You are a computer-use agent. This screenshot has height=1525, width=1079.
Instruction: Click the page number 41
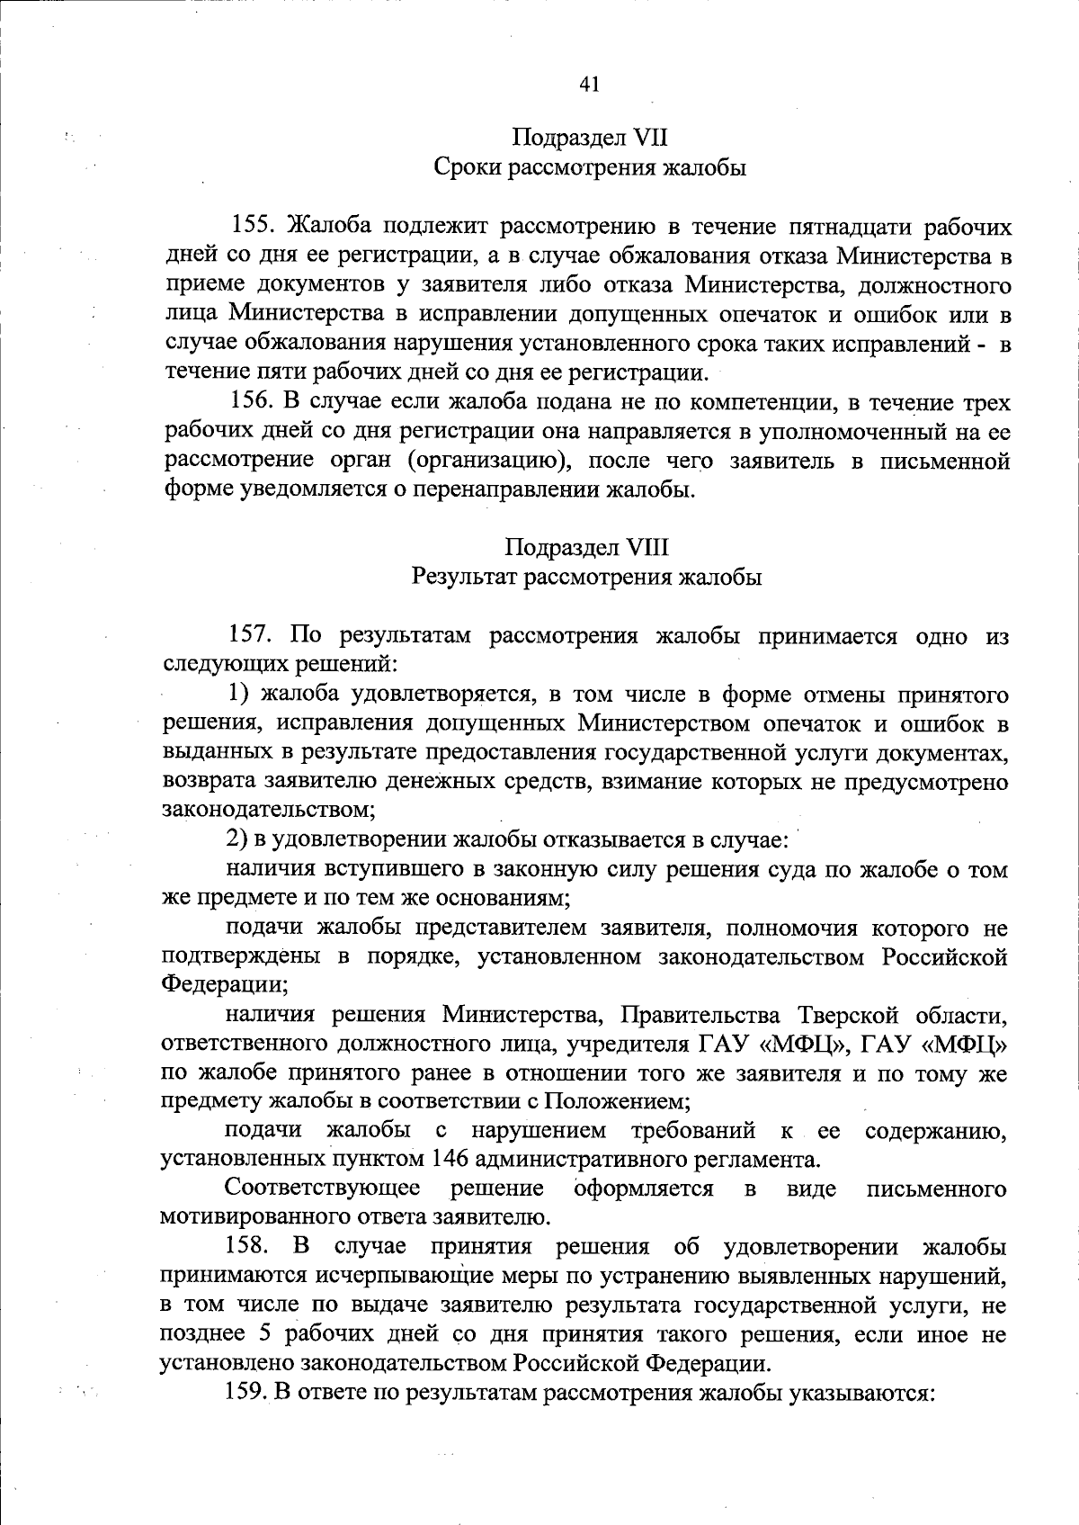[x=589, y=84]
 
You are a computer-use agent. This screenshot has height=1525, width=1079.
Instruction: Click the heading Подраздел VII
[x=589, y=139]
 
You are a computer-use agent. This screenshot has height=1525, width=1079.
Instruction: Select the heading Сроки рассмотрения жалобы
[x=589, y=168]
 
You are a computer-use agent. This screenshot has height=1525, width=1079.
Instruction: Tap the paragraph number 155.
[x=255, y=226]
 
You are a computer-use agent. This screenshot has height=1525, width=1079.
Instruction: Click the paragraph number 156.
[x=255, y=402]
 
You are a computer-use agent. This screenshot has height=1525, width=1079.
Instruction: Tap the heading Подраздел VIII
[x=587, y=547]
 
